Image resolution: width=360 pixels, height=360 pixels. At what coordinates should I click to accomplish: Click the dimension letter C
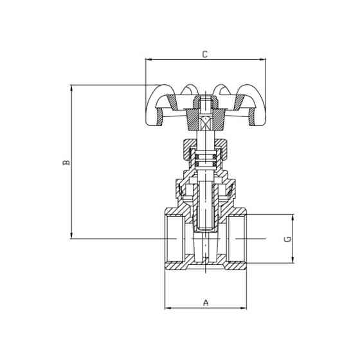[204, 55]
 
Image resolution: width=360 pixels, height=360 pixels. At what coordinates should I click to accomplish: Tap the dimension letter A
[206, 301]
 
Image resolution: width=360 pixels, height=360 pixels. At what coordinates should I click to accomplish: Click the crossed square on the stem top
[206, 124]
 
